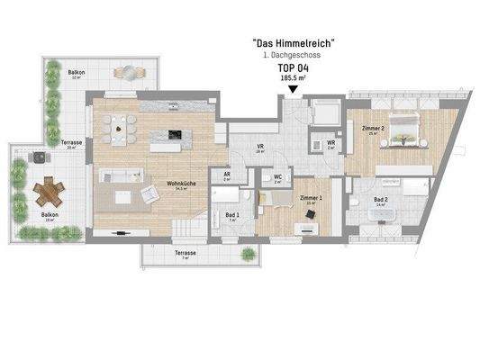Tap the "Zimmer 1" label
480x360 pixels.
(x=311, y=196)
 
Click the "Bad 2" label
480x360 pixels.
(x=380, y=200)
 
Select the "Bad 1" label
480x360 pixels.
(x=231, y=214)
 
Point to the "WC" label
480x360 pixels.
(x=277, y=176)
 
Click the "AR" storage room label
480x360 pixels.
(x=227, y=175)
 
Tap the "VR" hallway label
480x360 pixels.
(x=259, y=148)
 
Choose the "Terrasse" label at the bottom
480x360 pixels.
(x=186, y=254)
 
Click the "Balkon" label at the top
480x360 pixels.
(x=77, y=73)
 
